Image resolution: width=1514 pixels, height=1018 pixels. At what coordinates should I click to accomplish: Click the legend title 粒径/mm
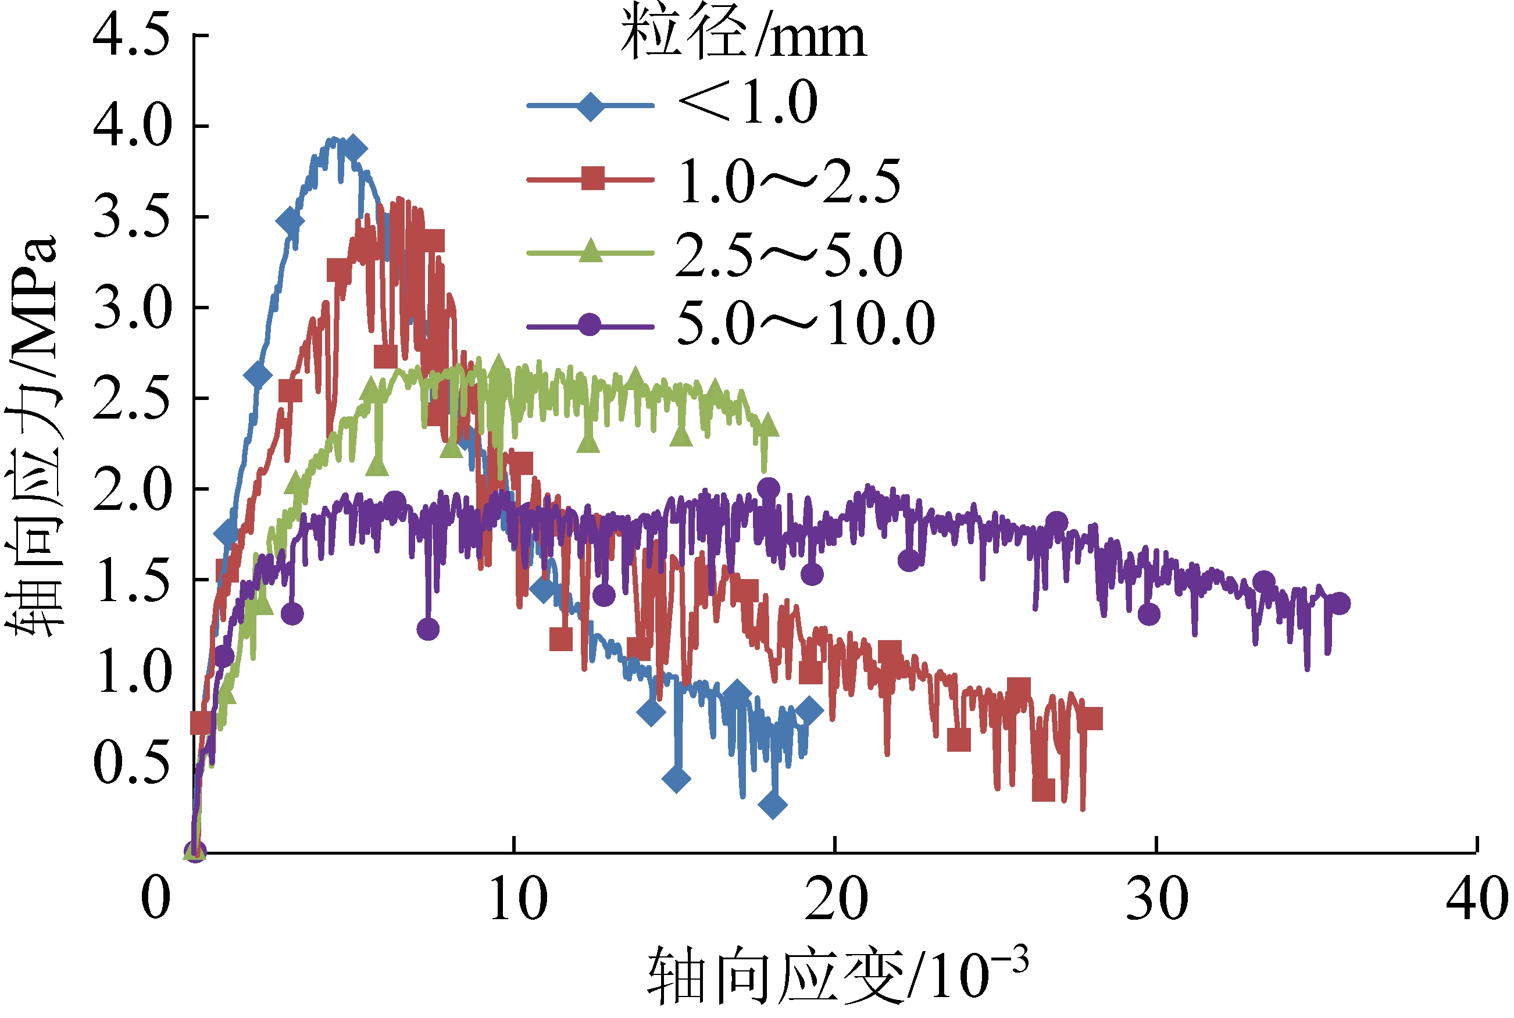pos(744,33)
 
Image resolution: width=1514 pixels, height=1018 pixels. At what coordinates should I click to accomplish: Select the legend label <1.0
pos(747,102)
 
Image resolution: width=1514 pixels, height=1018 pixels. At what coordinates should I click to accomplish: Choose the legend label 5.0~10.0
pos(805,323)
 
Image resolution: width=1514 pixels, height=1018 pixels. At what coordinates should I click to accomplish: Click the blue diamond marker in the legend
pos(591,105)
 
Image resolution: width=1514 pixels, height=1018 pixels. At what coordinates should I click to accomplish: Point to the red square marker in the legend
pos(592,178)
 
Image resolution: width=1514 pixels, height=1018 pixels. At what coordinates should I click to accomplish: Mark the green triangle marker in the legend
pos(591,251)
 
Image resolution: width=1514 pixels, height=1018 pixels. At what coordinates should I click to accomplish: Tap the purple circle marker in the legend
pos(590,324)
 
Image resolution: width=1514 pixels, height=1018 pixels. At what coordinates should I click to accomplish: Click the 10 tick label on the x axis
pos(517,899)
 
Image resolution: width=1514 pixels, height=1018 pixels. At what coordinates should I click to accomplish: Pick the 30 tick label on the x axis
pos(1157,899)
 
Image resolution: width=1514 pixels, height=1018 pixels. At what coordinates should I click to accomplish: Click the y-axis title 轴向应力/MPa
pos(33,435)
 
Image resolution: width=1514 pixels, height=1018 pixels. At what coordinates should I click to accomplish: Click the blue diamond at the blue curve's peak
pos(353,149)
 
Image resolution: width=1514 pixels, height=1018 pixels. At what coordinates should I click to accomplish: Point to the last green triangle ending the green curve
pos(767,425)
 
